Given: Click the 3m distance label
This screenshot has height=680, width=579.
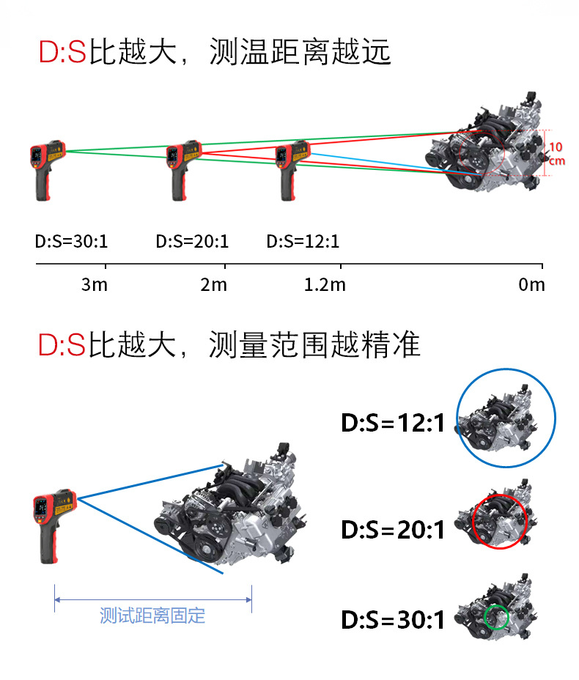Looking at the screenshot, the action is [94, 284].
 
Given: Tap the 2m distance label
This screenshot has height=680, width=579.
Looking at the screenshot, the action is [214, 284].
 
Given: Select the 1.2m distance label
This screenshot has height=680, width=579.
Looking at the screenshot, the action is [324, 284].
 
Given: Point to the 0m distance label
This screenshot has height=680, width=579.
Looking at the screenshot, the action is [531, 284].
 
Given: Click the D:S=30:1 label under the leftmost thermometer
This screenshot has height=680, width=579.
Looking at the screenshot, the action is [72, 241].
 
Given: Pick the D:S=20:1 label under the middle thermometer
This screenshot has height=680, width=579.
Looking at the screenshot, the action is [192, 241].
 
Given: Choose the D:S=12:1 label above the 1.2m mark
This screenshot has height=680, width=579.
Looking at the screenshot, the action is [303, 241].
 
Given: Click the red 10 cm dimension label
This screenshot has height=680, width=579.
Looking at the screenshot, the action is [556, 153].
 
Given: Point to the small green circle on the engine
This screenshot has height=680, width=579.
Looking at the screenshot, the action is [496, 616].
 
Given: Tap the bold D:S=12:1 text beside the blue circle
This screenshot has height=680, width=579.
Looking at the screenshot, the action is [393, 423].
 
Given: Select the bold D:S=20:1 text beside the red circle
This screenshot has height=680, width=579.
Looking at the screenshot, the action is [393, 529].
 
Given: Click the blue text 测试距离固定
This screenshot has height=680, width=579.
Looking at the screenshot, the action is [152, 615].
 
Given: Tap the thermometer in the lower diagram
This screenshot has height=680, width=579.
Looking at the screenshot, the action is [52, 524].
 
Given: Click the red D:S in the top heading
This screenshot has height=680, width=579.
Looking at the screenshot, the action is [63, 53].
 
